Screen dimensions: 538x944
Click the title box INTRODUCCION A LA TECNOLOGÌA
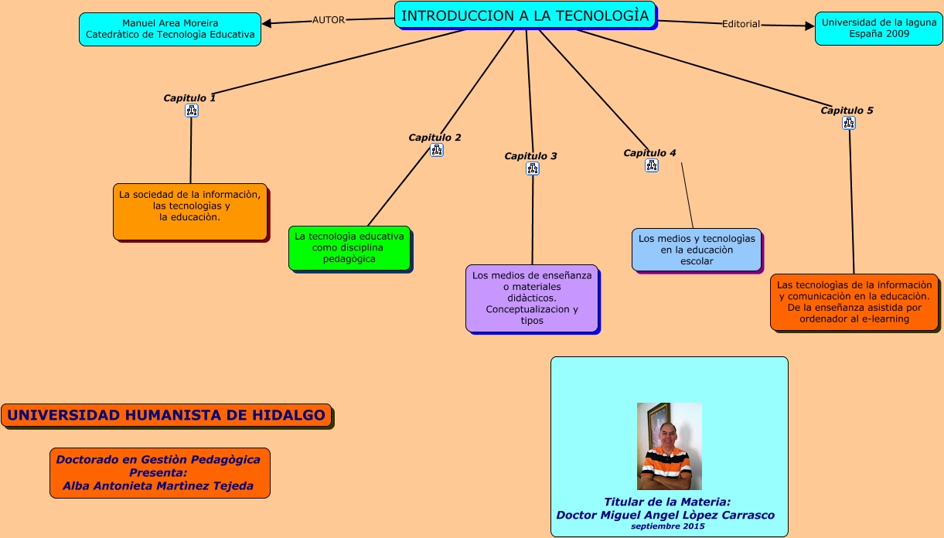point(525,15)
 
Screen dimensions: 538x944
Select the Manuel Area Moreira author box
point(170,29)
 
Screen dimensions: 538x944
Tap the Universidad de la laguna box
point(878,28)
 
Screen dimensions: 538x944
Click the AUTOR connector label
point(329,20)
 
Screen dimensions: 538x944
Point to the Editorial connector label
point(741,24)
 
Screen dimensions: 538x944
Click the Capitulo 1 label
point(189,98)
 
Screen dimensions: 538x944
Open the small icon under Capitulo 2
point(437,150)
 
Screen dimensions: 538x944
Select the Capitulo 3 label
point(530,156)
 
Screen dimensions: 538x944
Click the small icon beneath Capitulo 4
point(652,165)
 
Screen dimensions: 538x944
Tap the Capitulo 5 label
point(847,111)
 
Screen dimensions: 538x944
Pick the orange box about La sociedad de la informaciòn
point(190,211)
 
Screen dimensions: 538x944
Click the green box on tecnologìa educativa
point(349,247)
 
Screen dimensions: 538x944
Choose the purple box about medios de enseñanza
point(532,298)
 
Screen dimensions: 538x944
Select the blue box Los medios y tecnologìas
point(696,250)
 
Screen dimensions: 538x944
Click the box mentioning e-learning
point(854,301)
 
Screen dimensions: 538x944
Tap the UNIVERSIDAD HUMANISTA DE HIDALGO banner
point(166,415)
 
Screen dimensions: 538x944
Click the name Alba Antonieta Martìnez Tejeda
point(158,486)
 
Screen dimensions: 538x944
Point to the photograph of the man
point(669,446)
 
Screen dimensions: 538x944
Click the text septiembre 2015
point(667,526)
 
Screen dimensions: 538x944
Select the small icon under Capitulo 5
point(849,123)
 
